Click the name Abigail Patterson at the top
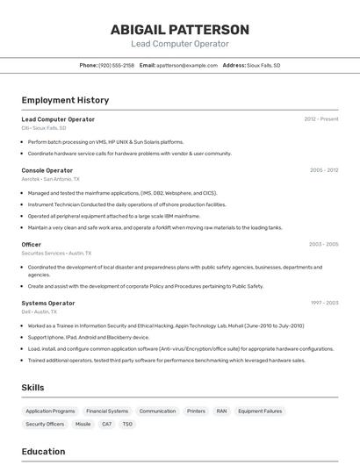point(180,30)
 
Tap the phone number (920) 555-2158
point(117,66)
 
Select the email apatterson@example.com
point(187,66)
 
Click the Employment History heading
point(65,101)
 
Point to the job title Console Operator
point(47,170)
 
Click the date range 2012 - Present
point(321,119)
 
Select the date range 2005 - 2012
point(324,170)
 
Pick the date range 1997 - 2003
point(324,303)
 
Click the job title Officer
point(32,244)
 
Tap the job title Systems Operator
point(48,303)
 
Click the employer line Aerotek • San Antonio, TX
point(50,179)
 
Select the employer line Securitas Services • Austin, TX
point(57,253)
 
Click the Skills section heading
point(32,388)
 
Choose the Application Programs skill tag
point(50,411)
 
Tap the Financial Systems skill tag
point(107,411)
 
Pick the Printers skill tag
point(196,411)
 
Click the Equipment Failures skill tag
point(260,411)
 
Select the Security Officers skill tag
point(45,424)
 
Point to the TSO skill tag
point(127,424)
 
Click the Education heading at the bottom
point(43,452)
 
